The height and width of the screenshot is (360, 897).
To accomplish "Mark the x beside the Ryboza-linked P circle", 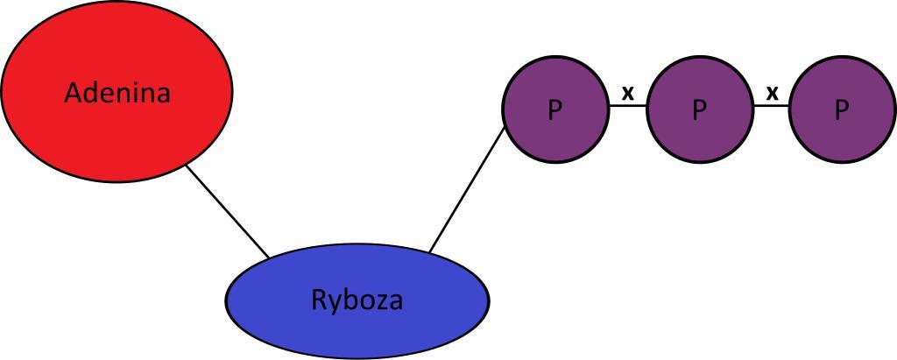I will coord(627,91).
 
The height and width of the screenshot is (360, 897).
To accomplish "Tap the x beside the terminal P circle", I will coord(772,91).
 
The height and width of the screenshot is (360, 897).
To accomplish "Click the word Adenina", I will coord(117,93).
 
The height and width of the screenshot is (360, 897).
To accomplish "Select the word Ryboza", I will coord(357,300).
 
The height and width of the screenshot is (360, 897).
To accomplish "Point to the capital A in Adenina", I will coord(74,93).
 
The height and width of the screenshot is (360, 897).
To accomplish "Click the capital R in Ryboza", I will coord(319,300).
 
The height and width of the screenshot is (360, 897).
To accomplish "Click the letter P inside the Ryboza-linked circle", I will coord(554,110).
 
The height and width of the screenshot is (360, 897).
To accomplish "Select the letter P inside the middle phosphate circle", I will coord(699,110).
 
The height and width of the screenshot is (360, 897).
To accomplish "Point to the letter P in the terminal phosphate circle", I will coord(842,110).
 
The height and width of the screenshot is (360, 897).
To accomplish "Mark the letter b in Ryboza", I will coord(348,300).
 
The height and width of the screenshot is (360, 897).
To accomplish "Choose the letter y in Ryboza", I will coord(334,304).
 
